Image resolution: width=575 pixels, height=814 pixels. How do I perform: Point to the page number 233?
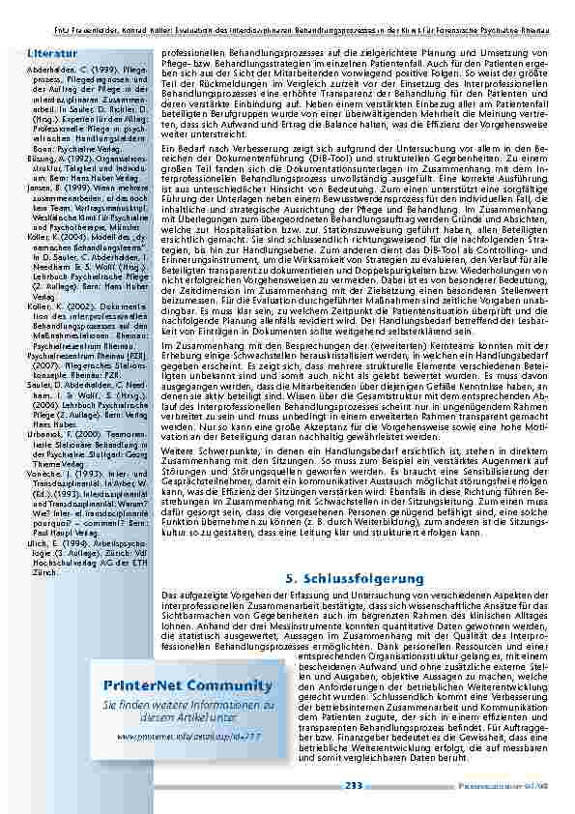[353, 786]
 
